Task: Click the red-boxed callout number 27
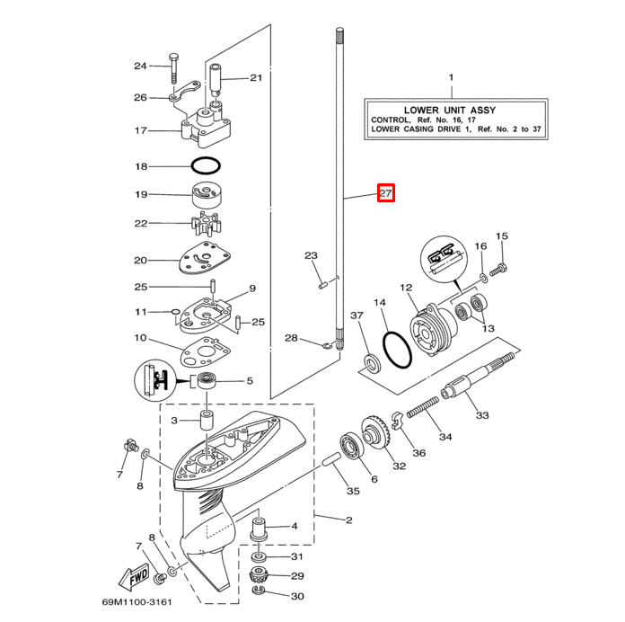coord(385,192)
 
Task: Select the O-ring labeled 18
coord(207,166)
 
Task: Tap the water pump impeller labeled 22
coord(207,223)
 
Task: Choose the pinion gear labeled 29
coord(259,575)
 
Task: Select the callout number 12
coord(405,288)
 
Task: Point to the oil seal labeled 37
coord(368,362)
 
